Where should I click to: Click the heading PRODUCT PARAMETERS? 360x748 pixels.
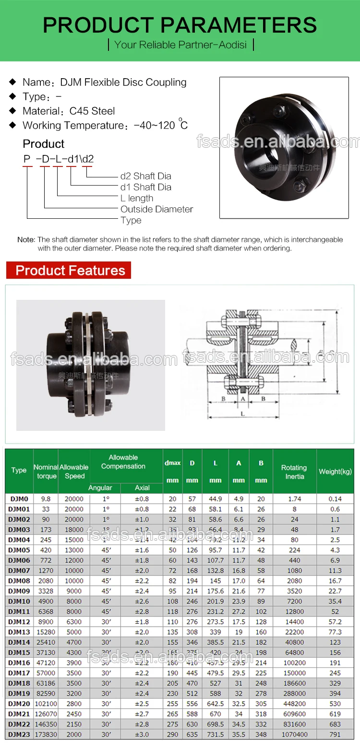[x=180, y=24]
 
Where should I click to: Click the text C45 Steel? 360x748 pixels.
[x=92, y=111]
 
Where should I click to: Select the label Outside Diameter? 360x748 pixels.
[x=156, y=209]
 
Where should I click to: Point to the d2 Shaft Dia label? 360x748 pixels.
[x=145, y=176]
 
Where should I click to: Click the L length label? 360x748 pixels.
[x=137, y=198]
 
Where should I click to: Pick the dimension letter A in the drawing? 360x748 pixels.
[x=243, y=399]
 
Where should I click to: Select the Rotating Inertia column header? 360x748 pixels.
[x=294, y=472]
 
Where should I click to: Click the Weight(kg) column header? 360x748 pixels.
[x=335, y=472]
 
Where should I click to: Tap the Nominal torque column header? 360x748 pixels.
[x=46, y=472]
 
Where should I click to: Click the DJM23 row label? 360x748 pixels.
[x=19, y=734]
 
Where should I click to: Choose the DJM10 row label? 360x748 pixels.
[x=19, y=601]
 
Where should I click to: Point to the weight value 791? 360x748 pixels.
[x=335, y=734]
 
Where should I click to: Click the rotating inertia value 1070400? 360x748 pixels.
[x=294, y=734]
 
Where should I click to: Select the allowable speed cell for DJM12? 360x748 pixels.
[x=74, y=622]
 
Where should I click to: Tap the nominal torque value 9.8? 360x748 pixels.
[x=46, y=499]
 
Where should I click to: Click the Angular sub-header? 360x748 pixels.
[x=100, y=488]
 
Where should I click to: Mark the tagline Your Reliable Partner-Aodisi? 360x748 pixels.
[x=180, y=45]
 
